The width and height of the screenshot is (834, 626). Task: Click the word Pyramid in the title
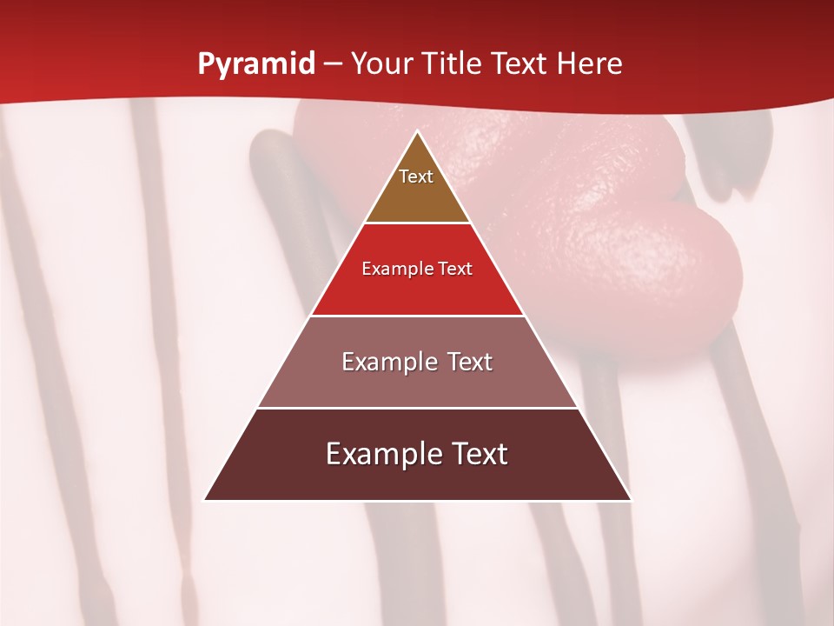256,64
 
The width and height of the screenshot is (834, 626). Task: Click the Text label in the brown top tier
416,176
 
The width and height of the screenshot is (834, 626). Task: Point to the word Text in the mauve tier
470,362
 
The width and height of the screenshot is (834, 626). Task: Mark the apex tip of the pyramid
418,132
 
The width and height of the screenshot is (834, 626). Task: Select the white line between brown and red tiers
418,223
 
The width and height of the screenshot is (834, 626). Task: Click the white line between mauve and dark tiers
418,408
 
